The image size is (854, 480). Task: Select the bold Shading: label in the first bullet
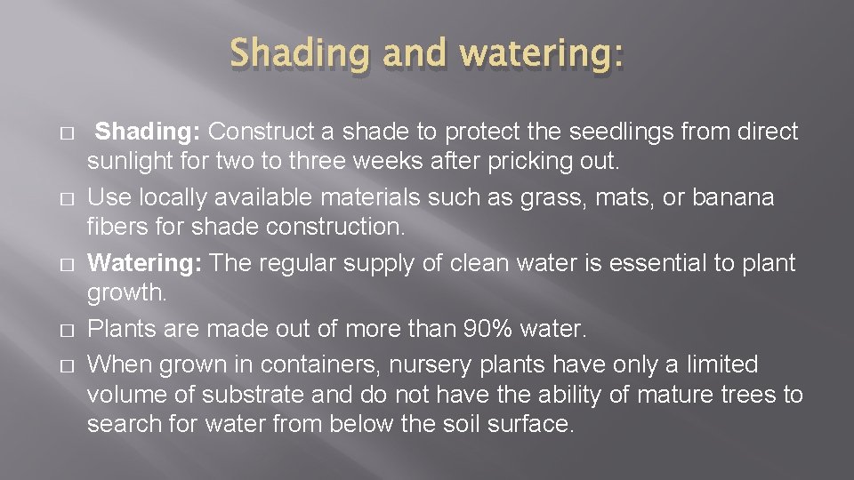(148, 132)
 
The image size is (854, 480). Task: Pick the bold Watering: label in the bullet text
(145, 263)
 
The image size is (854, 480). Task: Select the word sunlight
(128, 163)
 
